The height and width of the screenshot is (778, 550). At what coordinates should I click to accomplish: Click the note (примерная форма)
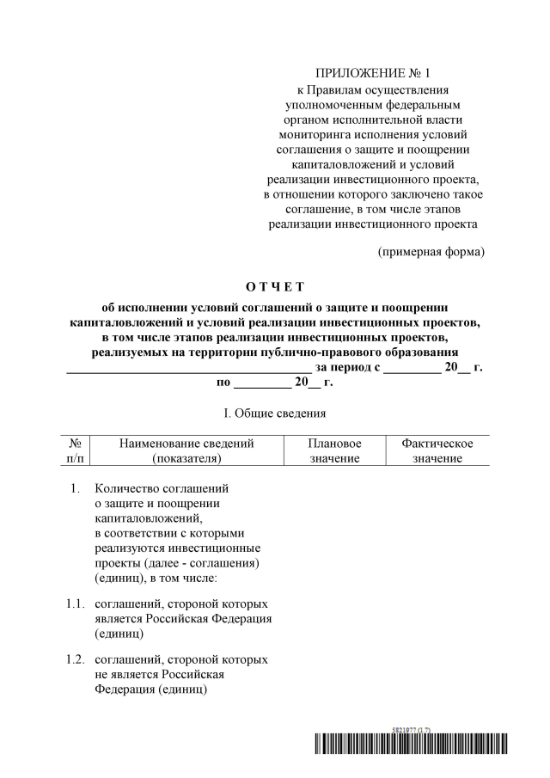[x=431, y=252]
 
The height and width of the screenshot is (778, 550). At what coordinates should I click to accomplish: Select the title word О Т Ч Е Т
[x=275, y=286]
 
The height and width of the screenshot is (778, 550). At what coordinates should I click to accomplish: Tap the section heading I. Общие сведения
[x=275, y=414]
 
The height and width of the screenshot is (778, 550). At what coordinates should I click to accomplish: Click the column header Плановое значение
[x=334, y=451]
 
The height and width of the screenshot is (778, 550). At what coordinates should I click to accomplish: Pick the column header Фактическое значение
[x=437, y=451]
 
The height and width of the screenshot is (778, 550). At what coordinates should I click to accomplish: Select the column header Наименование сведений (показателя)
[x=186, y=451]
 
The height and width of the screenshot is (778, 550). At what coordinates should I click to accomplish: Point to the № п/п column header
[x=74, y=451]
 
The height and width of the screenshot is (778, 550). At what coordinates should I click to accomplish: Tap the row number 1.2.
[x=75, y=659]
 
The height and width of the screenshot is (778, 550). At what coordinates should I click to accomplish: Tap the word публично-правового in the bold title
[x=331, y=352]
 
